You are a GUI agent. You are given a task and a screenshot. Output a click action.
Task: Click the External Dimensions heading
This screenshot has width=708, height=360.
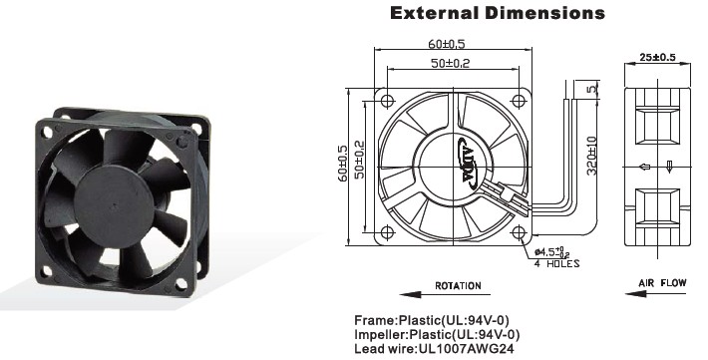[x=498, y=13]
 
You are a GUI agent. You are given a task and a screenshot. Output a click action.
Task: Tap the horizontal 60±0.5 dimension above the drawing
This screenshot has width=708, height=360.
[x=447, y=44]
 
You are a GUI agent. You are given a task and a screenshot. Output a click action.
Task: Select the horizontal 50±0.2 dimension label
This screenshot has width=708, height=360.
[x=450, y=63]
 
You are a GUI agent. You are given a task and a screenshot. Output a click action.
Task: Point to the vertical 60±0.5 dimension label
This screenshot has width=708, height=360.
[x=343, y=164]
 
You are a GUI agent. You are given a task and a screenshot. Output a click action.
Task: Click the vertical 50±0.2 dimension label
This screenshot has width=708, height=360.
[x=359, y=160]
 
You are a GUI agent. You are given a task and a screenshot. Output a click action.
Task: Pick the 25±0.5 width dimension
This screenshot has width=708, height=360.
[x=657, y=58]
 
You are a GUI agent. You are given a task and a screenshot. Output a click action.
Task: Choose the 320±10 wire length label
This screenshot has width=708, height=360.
[x=592, y=157]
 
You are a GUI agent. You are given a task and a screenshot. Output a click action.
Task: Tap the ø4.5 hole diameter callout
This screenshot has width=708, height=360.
[x=551, y=252]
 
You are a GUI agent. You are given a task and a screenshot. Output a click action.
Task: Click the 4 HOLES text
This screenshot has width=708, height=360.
[x=556, y=264]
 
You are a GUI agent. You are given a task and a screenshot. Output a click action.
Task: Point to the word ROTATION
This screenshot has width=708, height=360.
[x=458, y=285]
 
